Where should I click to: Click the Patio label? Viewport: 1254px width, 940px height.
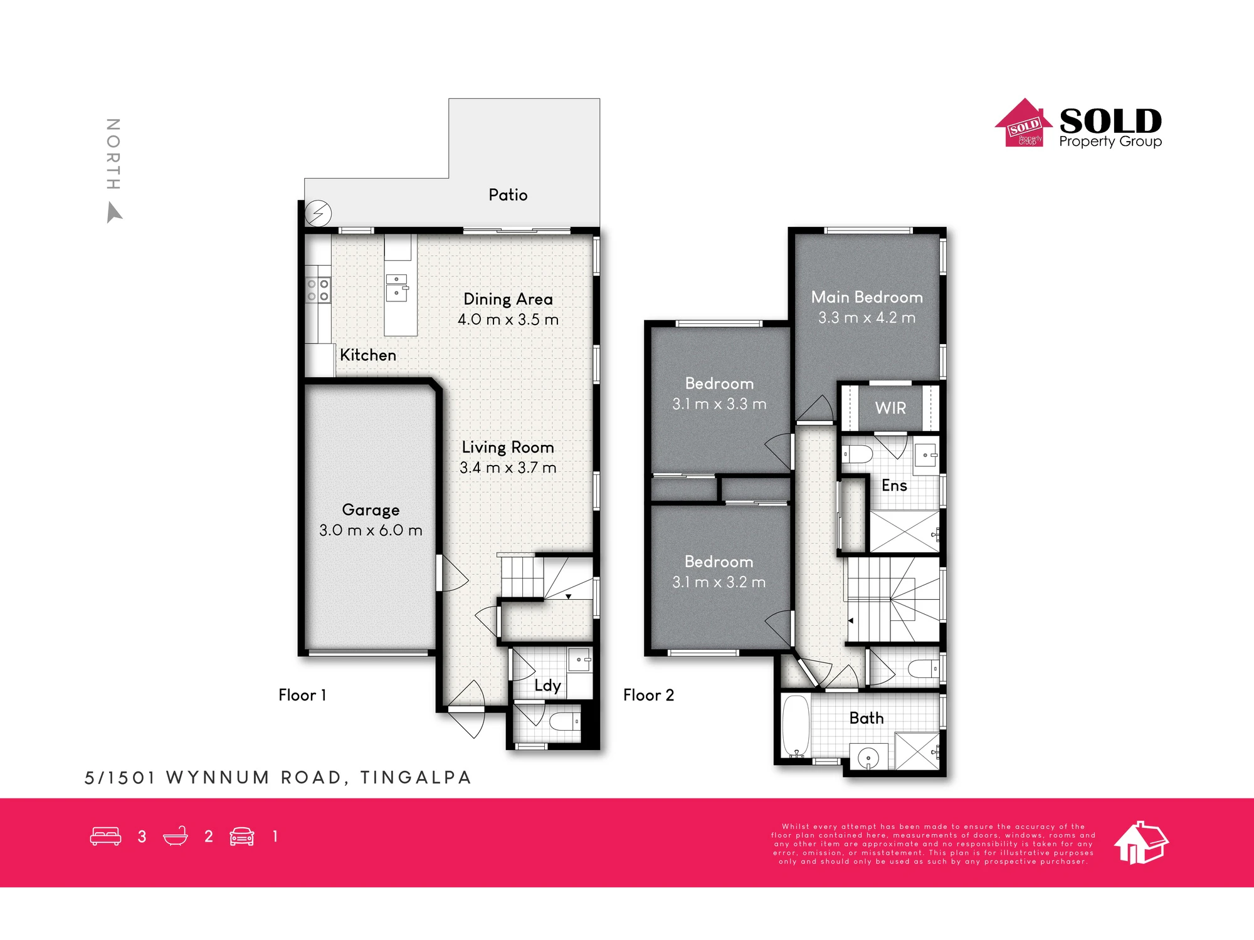(x=508, y=195)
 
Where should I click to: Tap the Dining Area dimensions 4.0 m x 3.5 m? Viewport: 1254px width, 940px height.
(x=508, y=320)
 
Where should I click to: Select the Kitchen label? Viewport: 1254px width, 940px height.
(x=368, y=355)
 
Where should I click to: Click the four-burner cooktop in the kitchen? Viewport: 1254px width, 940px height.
(x=318, y=290)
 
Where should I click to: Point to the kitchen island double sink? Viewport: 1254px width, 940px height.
(x=397, y=287)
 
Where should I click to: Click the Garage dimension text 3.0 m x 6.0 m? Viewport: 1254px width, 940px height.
(x=371, y=530)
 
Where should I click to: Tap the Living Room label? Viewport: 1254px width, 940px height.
(x=508, y=447)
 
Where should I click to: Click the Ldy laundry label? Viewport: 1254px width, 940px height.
(x=547, y=686)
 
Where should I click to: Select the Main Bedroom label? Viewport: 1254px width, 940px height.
(x=867, y=297)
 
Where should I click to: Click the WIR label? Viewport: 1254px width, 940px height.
(x=890, y=408)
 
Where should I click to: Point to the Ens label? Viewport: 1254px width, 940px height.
(x=894, y=486)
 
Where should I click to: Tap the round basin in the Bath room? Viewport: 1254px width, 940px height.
(x=868, y=758)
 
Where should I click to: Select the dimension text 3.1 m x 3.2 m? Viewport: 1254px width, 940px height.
(x=719, y=582)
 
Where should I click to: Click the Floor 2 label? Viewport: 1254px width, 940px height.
(x=648, y=695)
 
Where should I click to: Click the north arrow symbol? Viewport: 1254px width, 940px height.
(x=113, y=212)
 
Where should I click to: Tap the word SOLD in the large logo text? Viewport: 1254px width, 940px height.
(x=1110, y=121)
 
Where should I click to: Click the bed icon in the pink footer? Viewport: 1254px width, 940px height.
(x=105, y=837)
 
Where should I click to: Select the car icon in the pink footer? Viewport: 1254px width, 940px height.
(x=242, y=837)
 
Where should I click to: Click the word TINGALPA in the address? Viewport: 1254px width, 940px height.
(x=415, y=778)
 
